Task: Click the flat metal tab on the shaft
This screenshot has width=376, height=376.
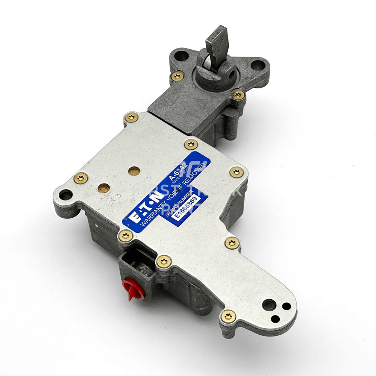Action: point(218,43)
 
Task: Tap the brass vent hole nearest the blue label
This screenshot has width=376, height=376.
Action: point(134,171)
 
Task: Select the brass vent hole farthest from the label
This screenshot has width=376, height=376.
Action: point(104,188)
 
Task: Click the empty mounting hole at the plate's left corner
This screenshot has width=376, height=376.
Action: point(66,195)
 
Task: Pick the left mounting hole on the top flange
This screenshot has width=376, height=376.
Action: point(181,56)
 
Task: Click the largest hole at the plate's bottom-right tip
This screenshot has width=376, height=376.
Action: point(268,305)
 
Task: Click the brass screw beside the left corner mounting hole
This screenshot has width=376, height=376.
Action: point(80,178)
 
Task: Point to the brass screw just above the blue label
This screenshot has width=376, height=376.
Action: point(191,144)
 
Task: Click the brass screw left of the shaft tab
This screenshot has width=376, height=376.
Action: point(177,76)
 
